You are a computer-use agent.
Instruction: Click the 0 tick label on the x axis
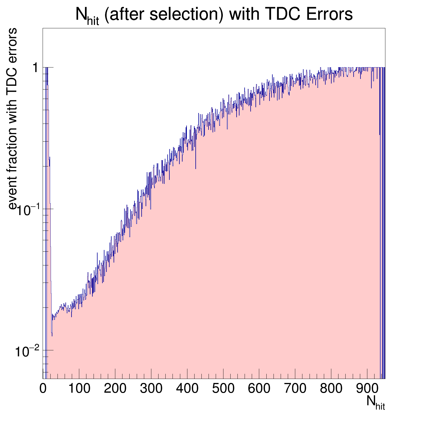pos(43,389)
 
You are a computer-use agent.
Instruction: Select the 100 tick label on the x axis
pos(79,389)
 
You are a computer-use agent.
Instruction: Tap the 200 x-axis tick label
pos(115,389)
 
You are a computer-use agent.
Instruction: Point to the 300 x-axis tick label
pos(151,389)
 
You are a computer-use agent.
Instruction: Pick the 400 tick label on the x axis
pos(187,389)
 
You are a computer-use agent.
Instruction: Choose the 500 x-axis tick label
pos(223,389)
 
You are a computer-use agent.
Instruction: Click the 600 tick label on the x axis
pos(259,389)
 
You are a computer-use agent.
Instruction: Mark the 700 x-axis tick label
pos(295,389)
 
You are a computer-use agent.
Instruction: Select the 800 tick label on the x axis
pos(331,389)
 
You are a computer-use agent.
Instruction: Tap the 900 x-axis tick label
pos(367,389)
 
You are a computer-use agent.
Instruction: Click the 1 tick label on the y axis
pos(35,68)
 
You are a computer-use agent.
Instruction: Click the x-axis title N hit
pos(375,402)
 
